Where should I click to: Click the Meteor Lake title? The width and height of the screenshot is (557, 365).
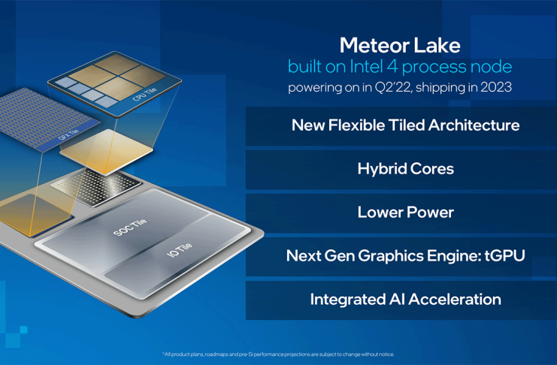(x=400, y=46)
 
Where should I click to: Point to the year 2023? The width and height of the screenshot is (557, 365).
(x=496, y=87)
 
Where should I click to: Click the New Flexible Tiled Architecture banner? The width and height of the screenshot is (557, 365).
(x=401, y=126)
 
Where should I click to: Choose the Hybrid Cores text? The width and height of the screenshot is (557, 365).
(x=406, y=169)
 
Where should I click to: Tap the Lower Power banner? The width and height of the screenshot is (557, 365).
(x=401, y=213)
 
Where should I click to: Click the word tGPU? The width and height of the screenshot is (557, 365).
(x=504, y=255)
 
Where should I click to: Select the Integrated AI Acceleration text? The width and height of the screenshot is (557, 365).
(x=406, y=300)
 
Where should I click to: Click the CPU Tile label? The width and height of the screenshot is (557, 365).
(x=144, y=94)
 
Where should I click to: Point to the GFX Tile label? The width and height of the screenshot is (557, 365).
(x=68, y=134)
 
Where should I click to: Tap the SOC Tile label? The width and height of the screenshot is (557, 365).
(x=130, y=228)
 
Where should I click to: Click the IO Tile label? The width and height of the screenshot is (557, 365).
(x=180, y=249)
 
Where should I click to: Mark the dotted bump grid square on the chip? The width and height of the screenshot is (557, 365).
(x=96, y=187)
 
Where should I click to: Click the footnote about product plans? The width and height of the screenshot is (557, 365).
(x=278, y=354)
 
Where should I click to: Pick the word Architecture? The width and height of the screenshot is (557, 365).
(x=474, y=125)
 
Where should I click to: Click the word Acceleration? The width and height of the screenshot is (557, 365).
(x=455, y=300)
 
